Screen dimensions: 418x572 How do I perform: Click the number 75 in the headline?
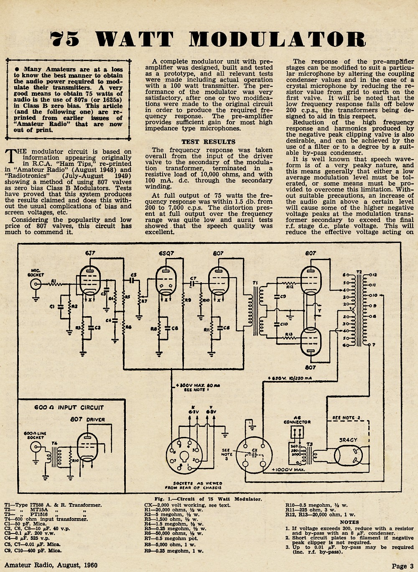pos(64,39)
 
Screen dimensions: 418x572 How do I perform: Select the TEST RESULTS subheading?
pos(208,142)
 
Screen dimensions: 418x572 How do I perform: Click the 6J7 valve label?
pos(90,253)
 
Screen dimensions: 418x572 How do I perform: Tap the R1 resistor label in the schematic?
pos(54,281)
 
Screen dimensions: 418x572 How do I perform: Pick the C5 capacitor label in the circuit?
pos(133,275)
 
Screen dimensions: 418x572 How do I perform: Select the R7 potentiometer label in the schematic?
pos(144,301)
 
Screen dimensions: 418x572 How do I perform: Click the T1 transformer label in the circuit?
pos(255,283)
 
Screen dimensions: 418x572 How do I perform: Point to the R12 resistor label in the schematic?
pos(290,287)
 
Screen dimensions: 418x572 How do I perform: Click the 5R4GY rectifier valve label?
pos(349,440)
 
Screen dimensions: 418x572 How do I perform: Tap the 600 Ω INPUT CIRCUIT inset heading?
pos(69,408)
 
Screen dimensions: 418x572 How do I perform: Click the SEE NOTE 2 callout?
pos(346,418)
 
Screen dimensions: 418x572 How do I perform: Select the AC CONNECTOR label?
pos(297,420)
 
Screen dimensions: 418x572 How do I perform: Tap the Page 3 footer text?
pos(403,566)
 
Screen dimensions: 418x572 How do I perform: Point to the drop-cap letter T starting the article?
pos(11,156)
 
